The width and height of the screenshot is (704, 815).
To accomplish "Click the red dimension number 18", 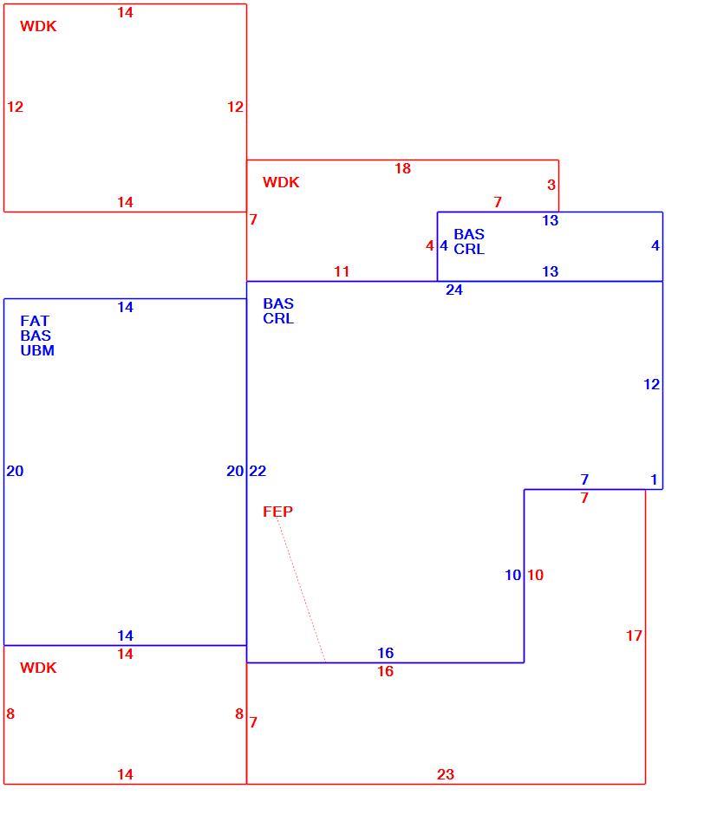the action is pyautogui.click(x=402, y=168).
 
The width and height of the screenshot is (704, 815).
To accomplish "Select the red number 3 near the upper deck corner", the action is pyautogui.click(x=551, y=185).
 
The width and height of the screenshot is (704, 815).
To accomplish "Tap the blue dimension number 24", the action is pyautogui.click(x=454, y=290).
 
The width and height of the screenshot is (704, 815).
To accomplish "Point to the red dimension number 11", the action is pyautogui.click(x=342, y=271).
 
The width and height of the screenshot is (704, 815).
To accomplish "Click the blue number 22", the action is pyautogui.click(x=257, y=471).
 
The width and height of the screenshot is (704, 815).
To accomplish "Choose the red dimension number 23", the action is pyautogui.click(x=446, y=774).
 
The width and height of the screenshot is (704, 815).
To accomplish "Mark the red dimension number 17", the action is pyautogui.click(x=634, y=636).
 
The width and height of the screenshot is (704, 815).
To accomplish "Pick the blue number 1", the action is pyautogui.click(x=654, y=479).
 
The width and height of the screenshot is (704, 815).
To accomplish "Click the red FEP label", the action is pyautogui.click(x=277, y=512).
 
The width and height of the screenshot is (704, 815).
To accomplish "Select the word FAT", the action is pyautogui.click(x=35, y=321).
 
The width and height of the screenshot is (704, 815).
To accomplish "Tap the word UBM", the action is pyautogui.click(x=37, y=350).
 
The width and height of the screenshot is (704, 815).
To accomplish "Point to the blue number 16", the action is pyautogui.click(x=385, y=653).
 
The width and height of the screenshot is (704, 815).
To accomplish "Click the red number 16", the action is pyautogui.click(x=385, y=671).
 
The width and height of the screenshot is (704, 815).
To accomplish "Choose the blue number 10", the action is pyautogui.click(x=512, y=575).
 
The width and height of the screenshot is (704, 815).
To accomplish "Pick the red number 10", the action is pyautogui.click(x=536, y=575).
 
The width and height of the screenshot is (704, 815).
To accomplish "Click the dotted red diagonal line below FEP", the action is pyautogui.click(x=301, y=590).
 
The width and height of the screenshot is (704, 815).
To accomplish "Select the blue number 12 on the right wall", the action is pyautogui.click(x=651, y=384).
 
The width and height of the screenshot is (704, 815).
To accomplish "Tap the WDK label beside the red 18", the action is pyautogui.click(x=281, y=182).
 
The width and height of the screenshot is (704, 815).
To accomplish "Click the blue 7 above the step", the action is pyautogui.click(x=584, y=479).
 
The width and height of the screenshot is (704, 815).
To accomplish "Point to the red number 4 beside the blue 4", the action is pyautogui.click(x=429, y=245).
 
